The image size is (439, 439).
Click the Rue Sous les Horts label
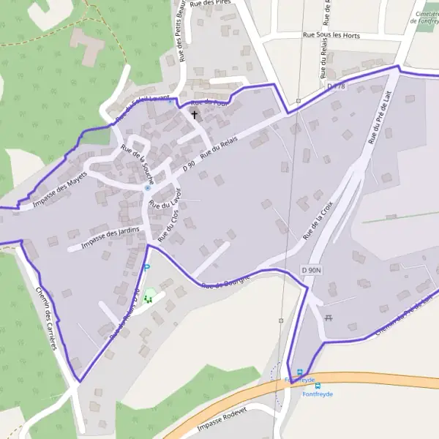(331, 34)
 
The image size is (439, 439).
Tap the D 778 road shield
(336, 86)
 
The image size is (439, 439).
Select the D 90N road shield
(312, 271)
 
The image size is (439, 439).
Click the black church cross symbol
(195, 115)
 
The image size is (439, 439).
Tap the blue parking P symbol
(146, 268)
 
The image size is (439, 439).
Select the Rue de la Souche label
(138, 165)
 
